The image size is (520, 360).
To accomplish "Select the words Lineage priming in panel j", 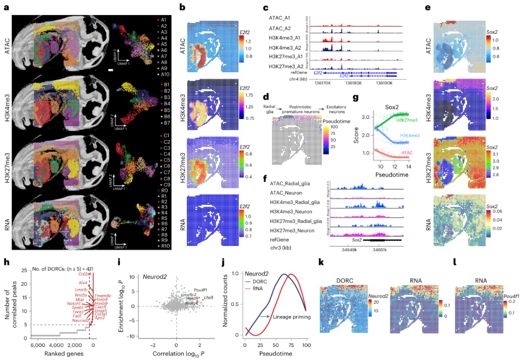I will click(287, 317).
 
